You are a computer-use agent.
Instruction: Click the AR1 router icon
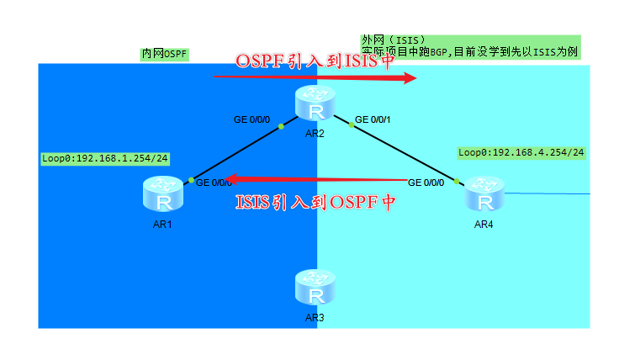164,194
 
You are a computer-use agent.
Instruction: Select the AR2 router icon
315,103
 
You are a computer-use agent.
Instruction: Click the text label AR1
164,225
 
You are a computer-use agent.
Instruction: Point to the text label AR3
315,318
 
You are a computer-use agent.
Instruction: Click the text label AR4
484,225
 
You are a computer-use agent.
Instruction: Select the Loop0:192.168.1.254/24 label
105,158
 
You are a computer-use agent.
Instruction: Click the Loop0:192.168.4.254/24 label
521,153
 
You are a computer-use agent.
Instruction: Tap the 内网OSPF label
164,55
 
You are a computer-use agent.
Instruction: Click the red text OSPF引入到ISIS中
315,61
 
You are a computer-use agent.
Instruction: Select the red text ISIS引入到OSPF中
315,202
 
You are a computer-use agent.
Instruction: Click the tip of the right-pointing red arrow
416,78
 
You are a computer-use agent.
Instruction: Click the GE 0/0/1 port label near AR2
374,119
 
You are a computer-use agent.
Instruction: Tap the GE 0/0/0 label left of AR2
251,119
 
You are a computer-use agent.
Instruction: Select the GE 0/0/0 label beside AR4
426,183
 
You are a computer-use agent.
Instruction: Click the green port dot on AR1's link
192,180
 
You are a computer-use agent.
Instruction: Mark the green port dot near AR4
456,180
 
